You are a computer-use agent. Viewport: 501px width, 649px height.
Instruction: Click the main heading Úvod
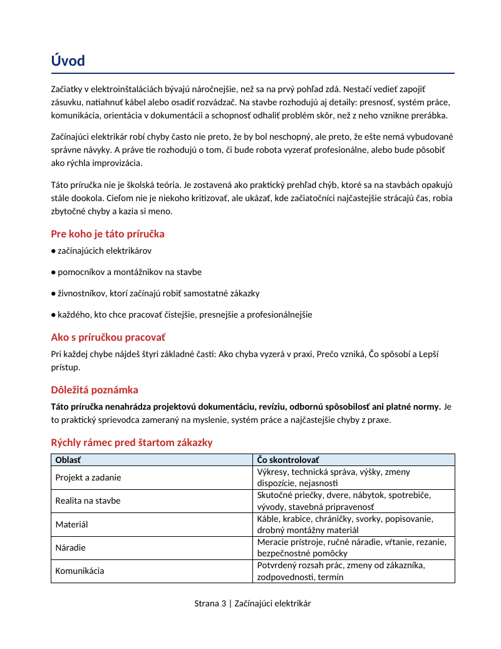click(68, 61)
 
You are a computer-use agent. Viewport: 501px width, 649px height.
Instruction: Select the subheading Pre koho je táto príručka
click(108, 234)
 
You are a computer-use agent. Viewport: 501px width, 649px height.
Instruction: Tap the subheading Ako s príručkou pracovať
click(108, 337)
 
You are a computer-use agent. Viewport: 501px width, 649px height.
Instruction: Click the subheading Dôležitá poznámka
click(95, 390)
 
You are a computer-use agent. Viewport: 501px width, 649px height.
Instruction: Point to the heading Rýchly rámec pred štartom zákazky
click(132, 442)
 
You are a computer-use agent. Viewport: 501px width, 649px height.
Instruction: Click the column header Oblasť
click(68, 460)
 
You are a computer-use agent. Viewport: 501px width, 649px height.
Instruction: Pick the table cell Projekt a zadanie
click(88, 477)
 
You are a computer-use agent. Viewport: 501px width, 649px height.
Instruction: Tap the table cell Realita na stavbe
click(88, 501)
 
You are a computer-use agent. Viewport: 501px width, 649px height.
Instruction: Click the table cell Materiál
click(71, 524)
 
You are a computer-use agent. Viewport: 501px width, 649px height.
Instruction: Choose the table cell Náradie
click(70, 548)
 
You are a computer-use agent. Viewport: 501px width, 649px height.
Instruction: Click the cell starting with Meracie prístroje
click(351, 548)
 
